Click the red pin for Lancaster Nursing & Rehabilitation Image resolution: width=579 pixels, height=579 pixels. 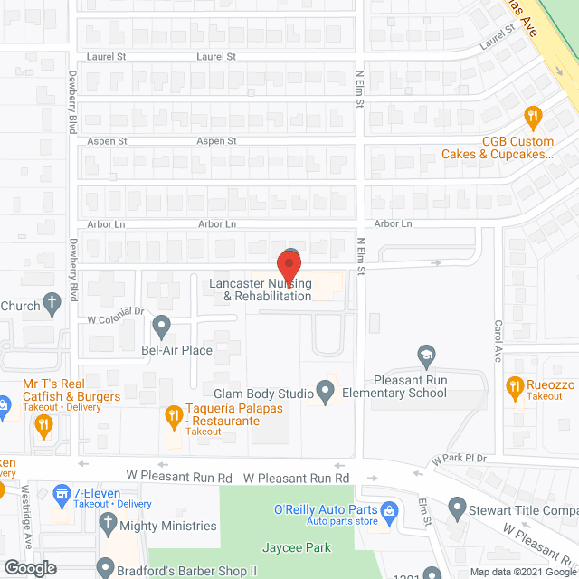click(x=289, y=269)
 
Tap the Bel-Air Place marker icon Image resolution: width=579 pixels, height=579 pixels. click(x=162, y=324)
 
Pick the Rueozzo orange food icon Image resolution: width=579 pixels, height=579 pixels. click(x=515, y=387)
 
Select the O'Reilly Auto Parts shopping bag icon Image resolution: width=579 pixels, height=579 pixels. click(x=388, y=510)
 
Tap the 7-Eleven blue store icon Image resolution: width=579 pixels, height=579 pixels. click(x=62, y=494)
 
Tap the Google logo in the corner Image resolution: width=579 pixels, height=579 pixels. click(x=29, y=567)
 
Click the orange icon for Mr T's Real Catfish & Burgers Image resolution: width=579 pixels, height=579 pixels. click(x=43, y=426)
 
